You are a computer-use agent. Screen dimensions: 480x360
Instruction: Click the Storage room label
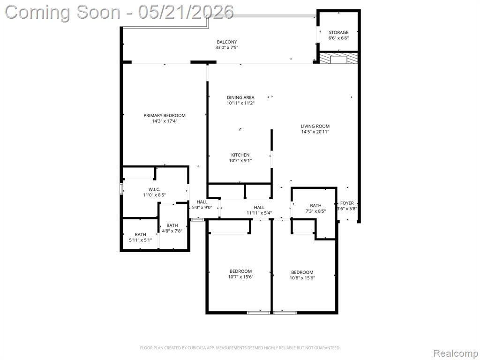(x=338, y=32)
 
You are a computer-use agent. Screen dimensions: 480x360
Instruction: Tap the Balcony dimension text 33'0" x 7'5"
(x=226, y=47)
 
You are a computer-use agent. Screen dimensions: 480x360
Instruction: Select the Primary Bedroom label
(x=165, y=115)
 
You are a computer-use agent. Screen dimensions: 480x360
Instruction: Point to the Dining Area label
(x=240, y=97)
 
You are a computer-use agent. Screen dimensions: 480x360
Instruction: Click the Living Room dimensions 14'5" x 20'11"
(x=315, y=132)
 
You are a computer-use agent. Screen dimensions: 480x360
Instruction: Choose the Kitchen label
(x=240, y=155)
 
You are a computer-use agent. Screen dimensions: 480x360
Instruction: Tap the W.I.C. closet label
(x=154, y=189)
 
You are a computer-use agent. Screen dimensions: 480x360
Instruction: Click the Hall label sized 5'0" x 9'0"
(x=202, y=202)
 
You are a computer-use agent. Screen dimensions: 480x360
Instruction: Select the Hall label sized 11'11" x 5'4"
(x=259, y=207)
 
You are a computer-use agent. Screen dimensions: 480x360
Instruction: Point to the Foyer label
(x=347, y=203)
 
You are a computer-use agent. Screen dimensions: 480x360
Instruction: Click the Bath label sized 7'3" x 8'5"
(x=315, y=205)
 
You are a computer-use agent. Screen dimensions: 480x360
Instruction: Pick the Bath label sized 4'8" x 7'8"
(x=172, y=225)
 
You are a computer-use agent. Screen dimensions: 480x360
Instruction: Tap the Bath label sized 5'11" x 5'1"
(x=140, y=234)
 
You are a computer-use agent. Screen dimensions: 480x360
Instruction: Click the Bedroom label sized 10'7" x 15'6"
(x=240, y=271)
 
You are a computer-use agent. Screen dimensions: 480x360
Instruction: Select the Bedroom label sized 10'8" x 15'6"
(x=302, y=272)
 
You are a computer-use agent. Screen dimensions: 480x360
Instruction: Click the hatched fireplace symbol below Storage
(x=338, y=58)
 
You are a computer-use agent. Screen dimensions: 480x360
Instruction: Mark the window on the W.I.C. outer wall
(x=121, y=189)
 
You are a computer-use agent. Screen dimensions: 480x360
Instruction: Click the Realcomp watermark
(x=455, y=353)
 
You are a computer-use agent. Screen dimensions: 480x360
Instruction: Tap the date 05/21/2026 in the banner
(x=186, y=12)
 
